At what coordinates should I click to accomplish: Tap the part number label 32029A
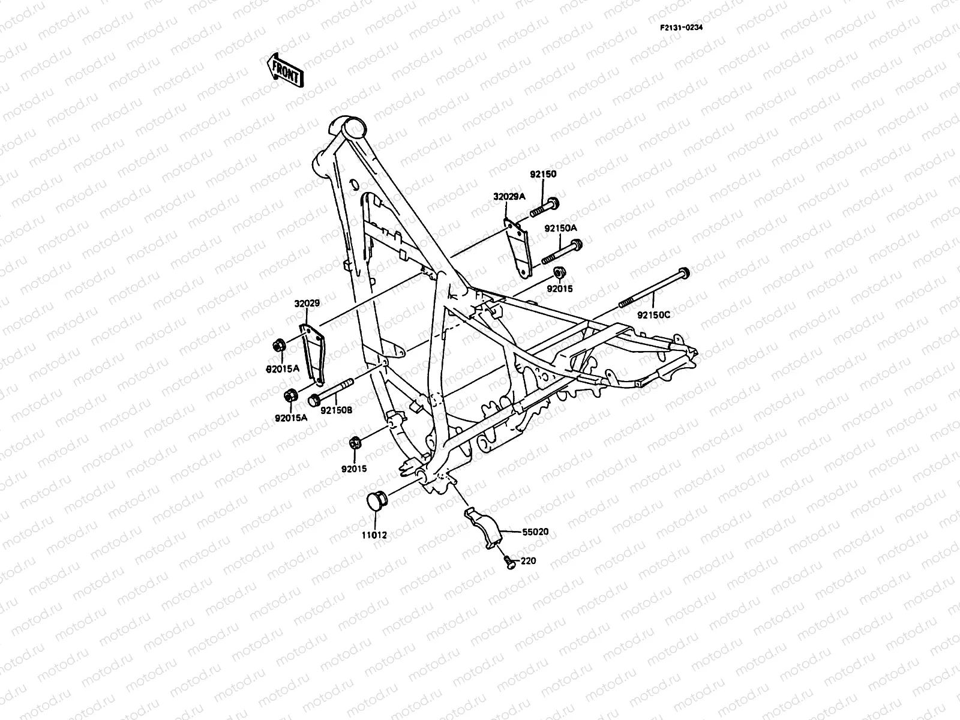[x=509, y=196]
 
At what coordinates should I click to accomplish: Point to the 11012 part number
[x=373, y=534]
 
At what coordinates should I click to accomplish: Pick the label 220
[x=529, y=561]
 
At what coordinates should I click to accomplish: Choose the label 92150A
[x=560, y=228]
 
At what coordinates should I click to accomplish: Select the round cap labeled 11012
[x=377, y=503]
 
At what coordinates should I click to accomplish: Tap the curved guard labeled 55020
[x=484, y=526]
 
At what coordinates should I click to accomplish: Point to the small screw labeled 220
[x=509, y=562]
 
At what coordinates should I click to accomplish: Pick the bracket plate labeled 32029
[x=313, y=354]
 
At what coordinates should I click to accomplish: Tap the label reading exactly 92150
[x=543, y=175]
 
